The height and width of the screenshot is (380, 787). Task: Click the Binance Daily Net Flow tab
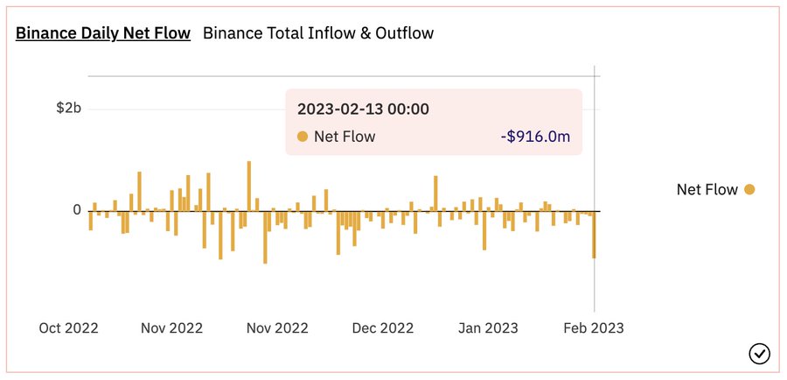[x=103, y=34]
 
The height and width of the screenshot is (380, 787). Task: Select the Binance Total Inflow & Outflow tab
[x=318, y=34]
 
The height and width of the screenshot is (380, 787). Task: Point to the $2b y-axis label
[x=69, y=109]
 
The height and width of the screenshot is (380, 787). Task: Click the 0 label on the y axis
[x=77, y=210]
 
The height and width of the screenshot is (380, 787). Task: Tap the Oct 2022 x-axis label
[x=69, y=328]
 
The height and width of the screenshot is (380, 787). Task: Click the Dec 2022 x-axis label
[x=382, y=328]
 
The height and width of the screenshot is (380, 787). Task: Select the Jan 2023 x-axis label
[x=488, y=328]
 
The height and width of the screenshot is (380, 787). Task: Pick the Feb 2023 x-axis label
[x=594, y=328]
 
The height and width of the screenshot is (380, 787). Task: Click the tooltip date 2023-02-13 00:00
[x=363, y=109]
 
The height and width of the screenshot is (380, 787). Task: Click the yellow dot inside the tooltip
[x=303, y=137]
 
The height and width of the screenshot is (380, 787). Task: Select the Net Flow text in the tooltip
[x=345, y=137]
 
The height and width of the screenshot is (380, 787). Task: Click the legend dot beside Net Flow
[x=749, y=189]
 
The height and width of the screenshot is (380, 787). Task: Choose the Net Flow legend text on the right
[x=707, y=189]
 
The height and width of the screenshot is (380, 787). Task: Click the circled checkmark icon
[x=760, y=354]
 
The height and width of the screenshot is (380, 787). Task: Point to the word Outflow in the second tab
[x=406, y=34]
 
